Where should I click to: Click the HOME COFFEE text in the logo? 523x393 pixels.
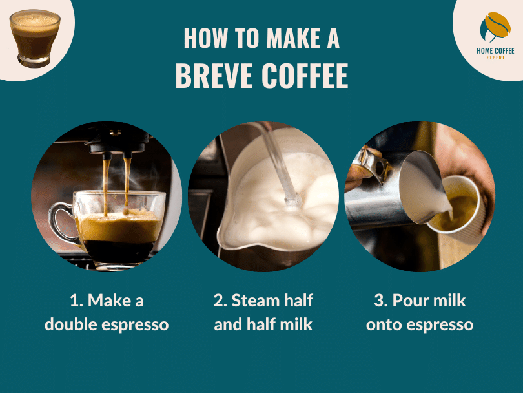tap(495, 51)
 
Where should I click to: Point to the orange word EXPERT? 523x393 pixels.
tap(495, 58)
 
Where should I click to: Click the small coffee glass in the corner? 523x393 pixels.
tap(34, 36)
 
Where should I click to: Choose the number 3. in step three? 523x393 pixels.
tap(381, 301)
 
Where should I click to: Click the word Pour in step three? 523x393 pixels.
tap(412, 301)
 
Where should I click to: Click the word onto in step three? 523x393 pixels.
tap(386, 324)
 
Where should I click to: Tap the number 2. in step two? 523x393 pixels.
tap(220, 301)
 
